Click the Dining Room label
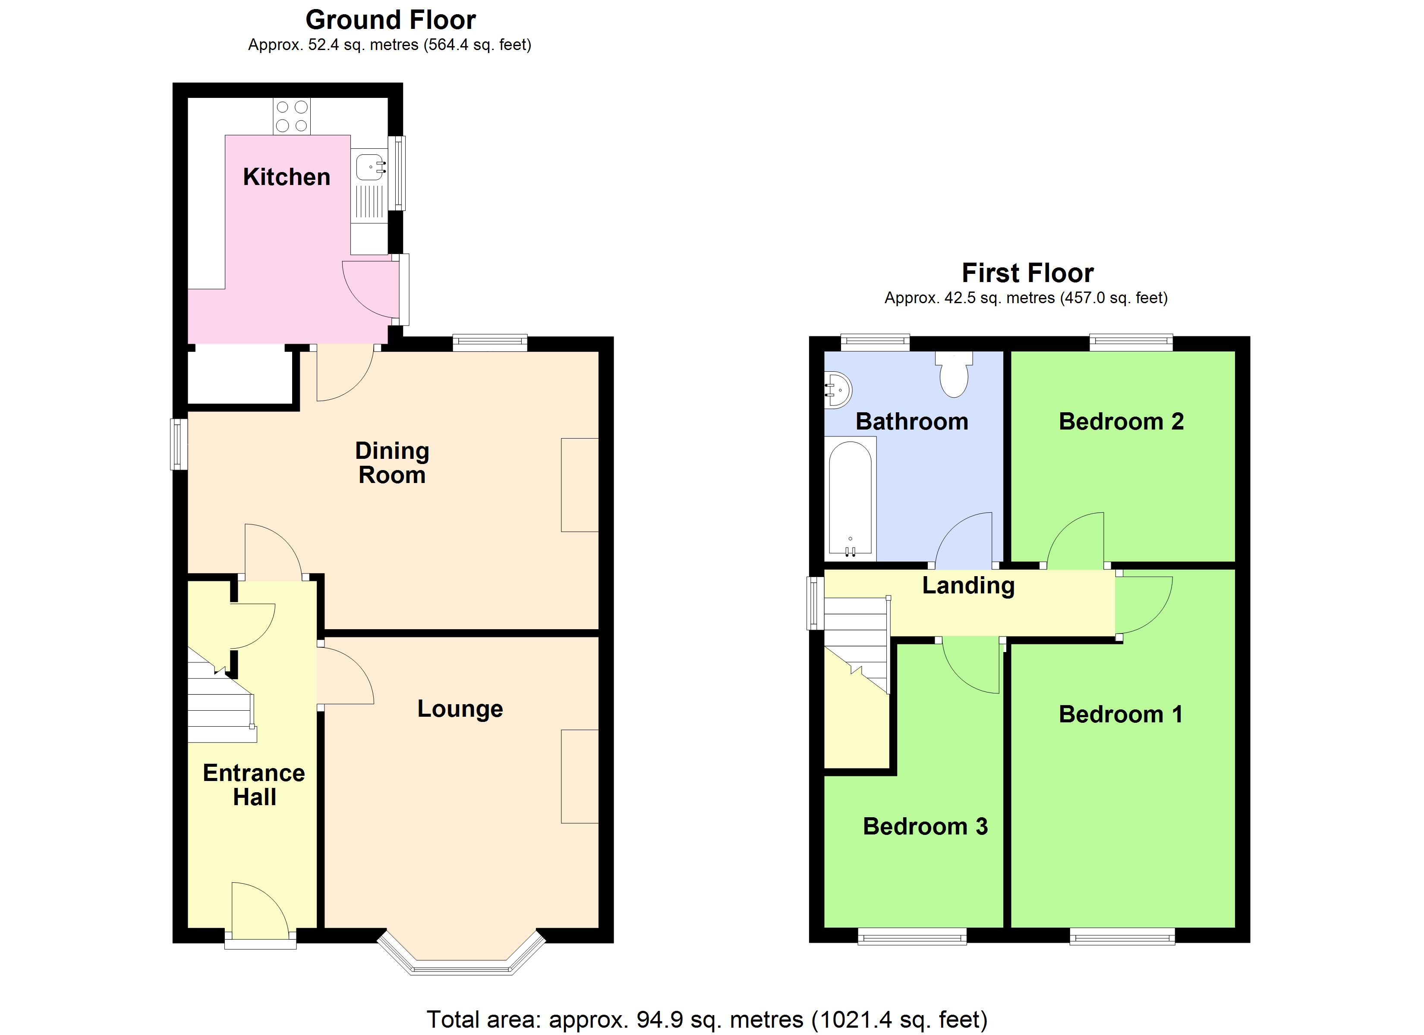point(392,463)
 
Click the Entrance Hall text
point(254,784)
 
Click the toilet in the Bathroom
point(954,375)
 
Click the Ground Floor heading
point(390,20)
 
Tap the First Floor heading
point(1027,273)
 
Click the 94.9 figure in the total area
point(659,1019)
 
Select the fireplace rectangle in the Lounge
point(580,776)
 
